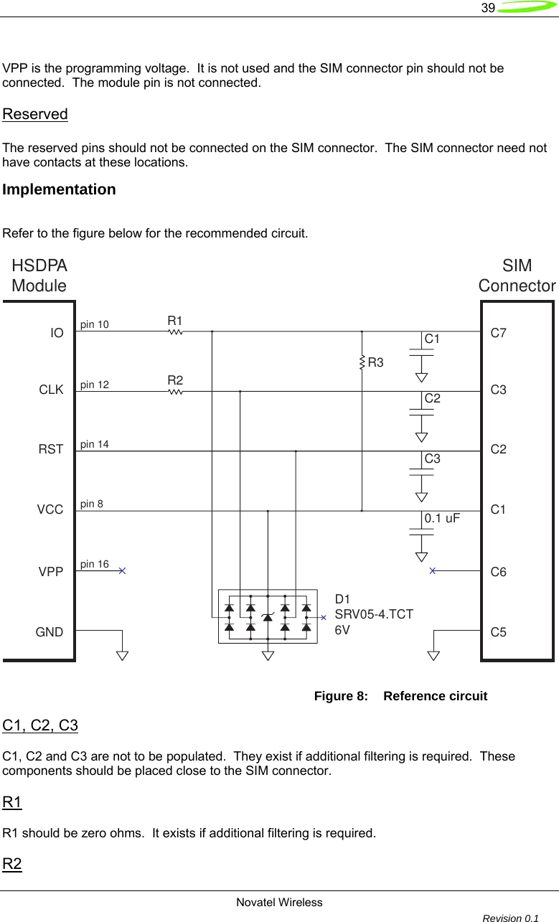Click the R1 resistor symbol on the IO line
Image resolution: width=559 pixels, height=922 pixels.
(176, 331)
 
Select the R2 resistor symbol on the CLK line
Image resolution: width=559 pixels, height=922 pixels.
(176, 392)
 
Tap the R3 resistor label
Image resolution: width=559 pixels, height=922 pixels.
(375, 363)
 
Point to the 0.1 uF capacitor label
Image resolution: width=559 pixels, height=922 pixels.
(442, 517)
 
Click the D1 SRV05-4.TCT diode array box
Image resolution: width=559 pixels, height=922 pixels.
(268, 616)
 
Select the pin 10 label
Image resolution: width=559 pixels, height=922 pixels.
(95, 325)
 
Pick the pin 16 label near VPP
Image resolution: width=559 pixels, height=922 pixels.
(95, 565)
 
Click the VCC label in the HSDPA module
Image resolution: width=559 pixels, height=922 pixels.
(50, 510)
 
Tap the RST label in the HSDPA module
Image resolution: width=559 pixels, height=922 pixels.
(51, 450)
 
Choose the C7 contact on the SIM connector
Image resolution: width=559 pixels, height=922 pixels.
(499, 333)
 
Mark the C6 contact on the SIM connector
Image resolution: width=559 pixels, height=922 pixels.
(499, 573)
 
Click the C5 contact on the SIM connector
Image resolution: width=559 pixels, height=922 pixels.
(499, 633)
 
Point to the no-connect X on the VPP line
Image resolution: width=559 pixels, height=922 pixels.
(123, 571)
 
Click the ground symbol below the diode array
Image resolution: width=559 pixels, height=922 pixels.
(268, 654)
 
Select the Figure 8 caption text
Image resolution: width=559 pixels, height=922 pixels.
(400, 696)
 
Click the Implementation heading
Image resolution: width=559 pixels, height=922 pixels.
(59, 190)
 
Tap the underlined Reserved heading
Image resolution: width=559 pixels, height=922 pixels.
(35, 115)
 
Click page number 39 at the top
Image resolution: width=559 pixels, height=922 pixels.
(488, 8)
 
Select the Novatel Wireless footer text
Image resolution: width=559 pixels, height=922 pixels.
(279, 902)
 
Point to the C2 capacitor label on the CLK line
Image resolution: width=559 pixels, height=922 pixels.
(432, 398)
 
